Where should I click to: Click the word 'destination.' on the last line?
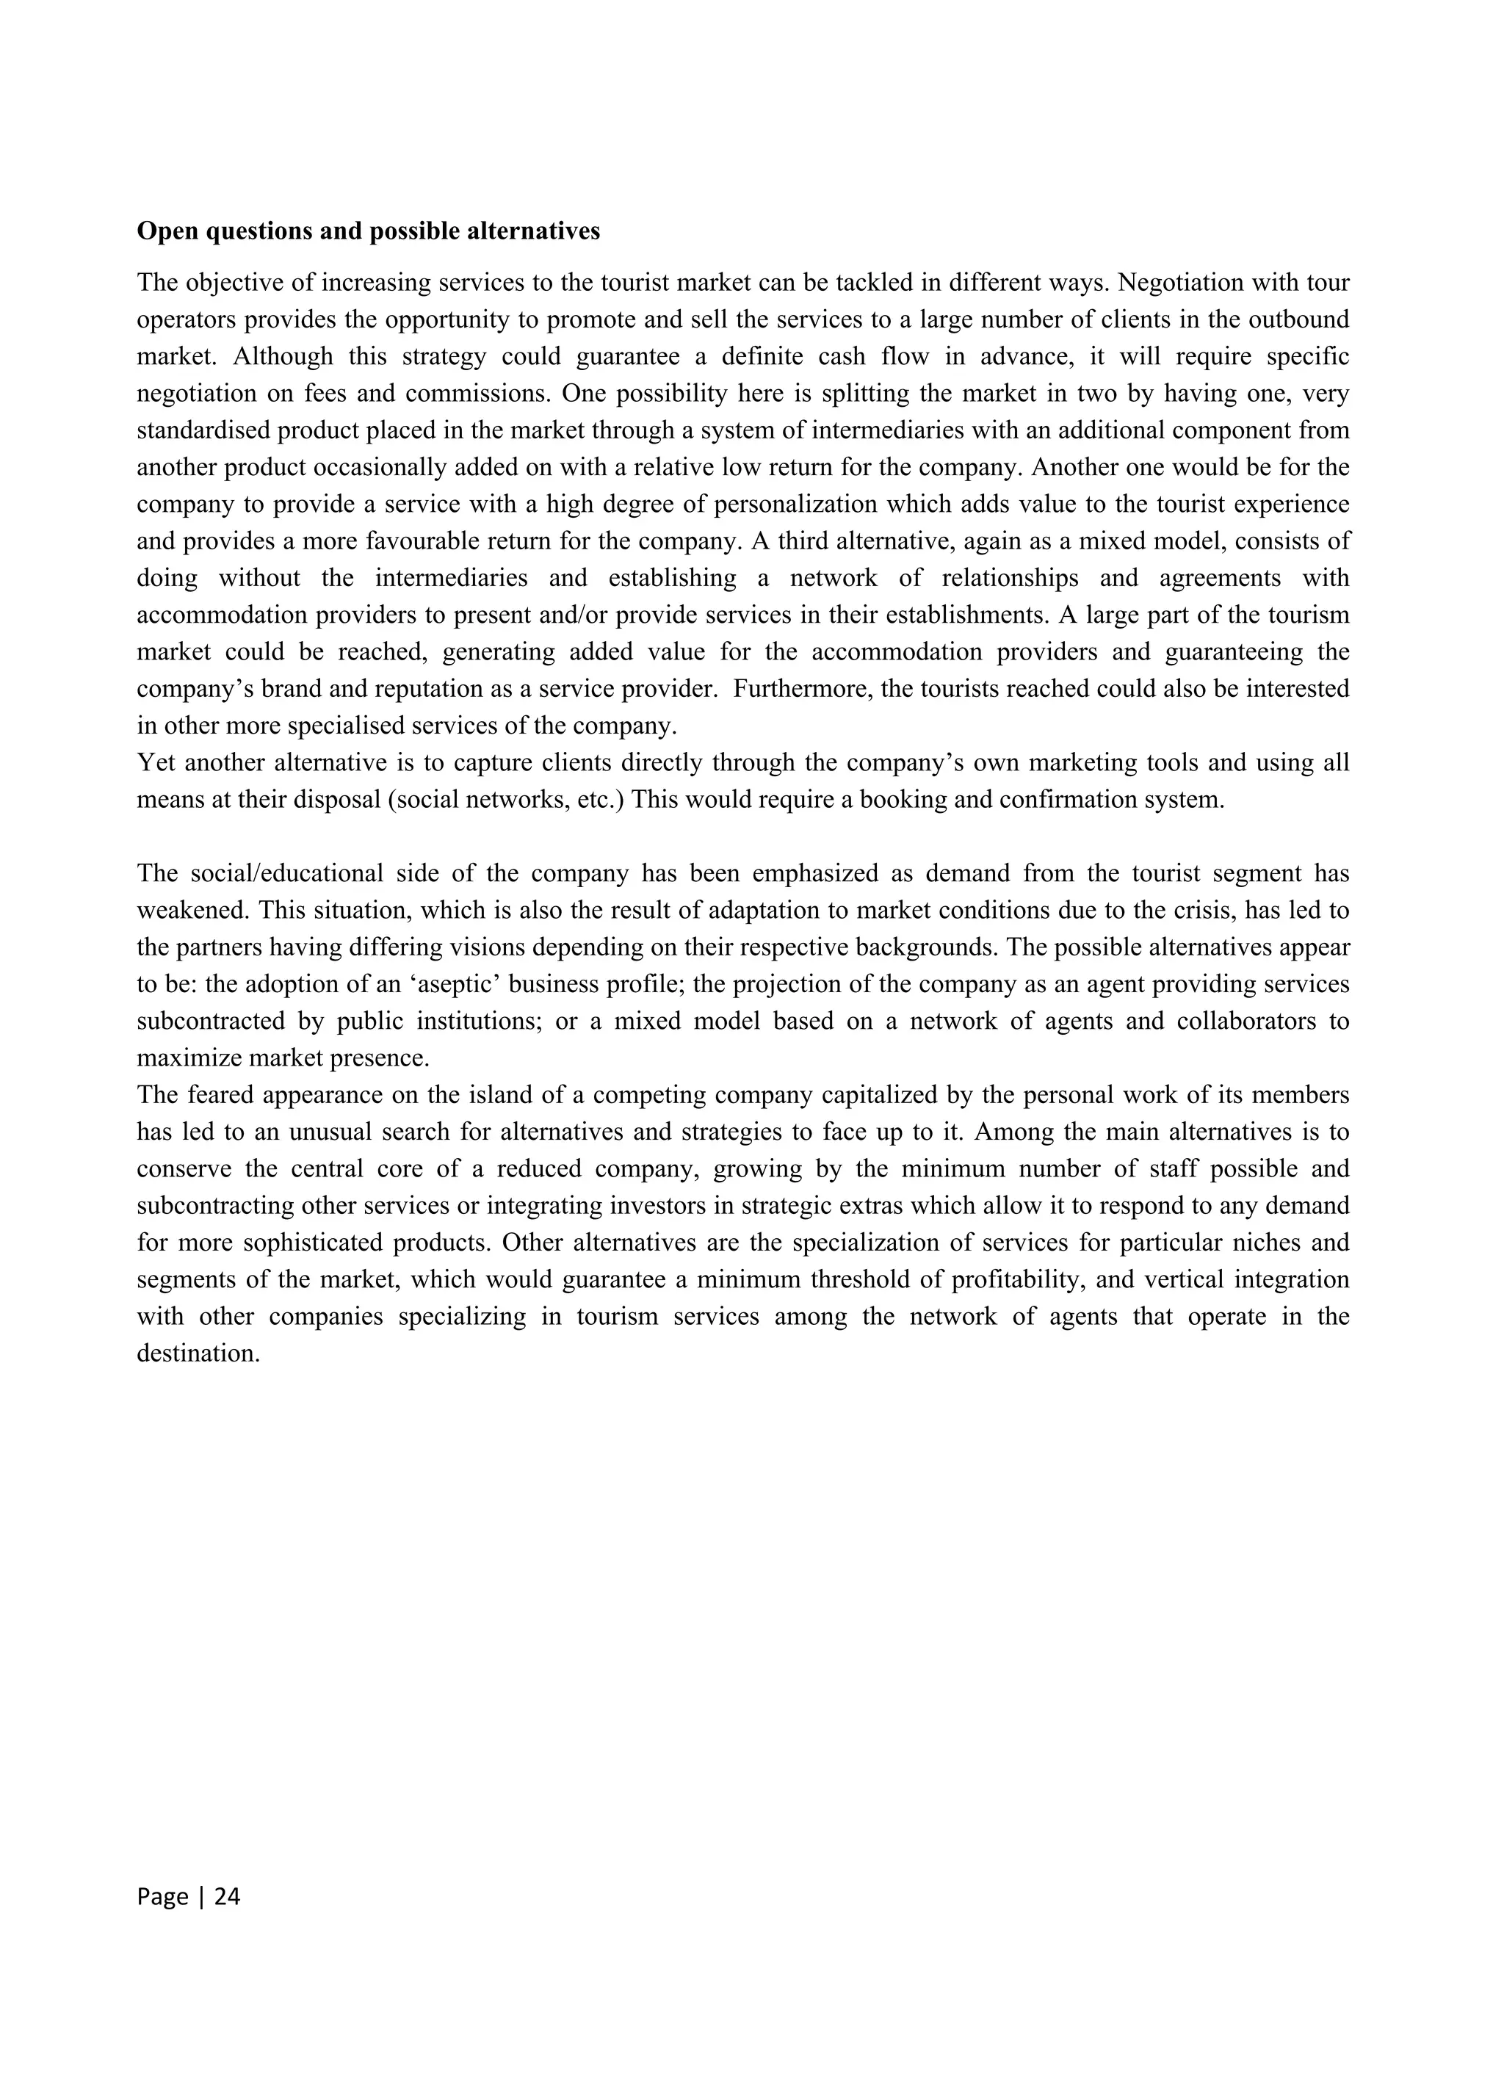[x=198, y=1353]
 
